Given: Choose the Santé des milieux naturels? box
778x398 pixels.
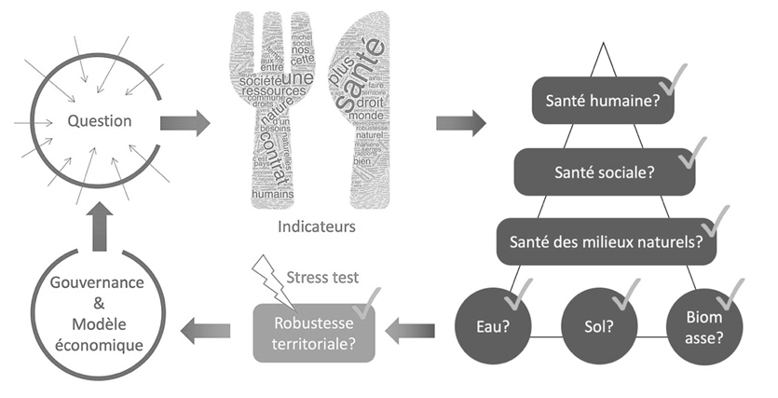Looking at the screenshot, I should (x=607, y=242).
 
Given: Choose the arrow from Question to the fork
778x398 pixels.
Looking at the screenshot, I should (x=184, y=122).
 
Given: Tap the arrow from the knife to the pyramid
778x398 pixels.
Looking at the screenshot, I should (x=460, y=122).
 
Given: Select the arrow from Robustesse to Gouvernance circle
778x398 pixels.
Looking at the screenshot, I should (x=207, y=328).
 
